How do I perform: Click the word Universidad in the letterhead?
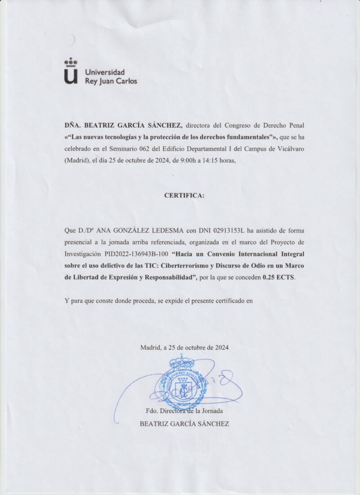tap(105, 72)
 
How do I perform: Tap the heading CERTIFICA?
tap(184, 196)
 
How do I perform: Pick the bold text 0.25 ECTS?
tap(279, 278)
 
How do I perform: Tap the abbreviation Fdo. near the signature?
tap(153, 411)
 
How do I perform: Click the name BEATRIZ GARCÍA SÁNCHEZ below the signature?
tap(184, 423)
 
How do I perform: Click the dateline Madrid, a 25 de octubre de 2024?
tap(184, 347)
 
